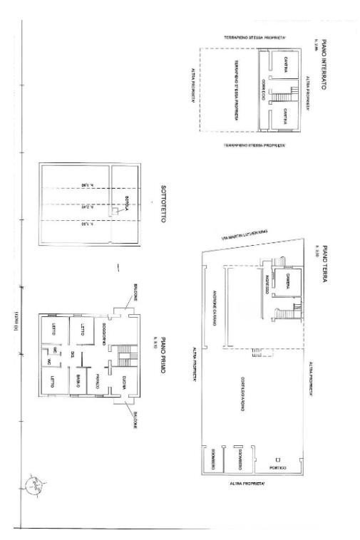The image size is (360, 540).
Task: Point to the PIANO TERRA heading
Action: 323,264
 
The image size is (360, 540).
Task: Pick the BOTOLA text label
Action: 122,203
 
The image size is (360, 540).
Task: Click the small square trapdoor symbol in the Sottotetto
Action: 113,212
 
